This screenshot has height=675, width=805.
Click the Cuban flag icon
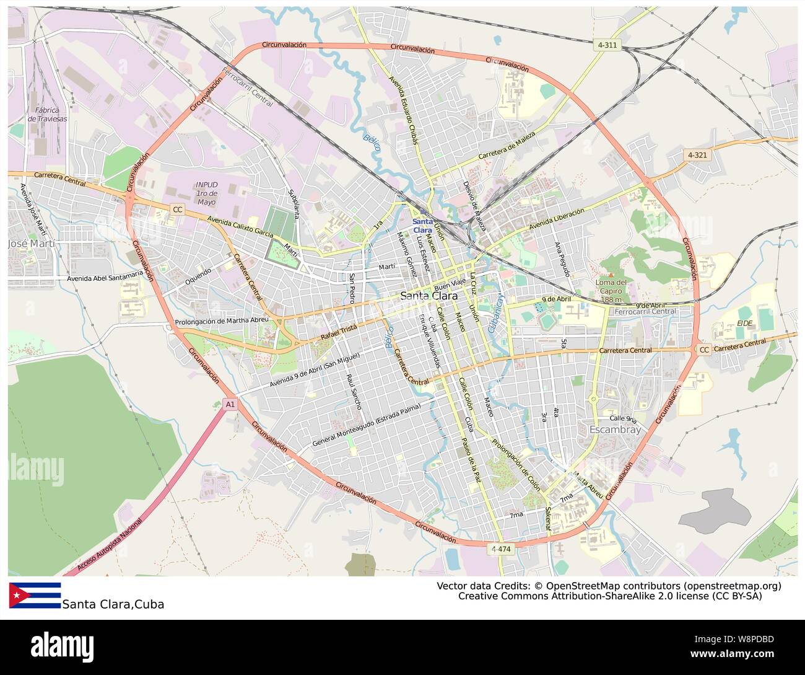pyautogui.click(x=35, y=595)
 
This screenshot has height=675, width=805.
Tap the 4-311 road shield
pyautogui.click(x=608, y=45)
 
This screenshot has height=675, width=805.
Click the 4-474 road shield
pyautogui.click(x=502, y=549)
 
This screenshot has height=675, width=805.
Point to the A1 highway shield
pyautogui.click(x=230, y=404)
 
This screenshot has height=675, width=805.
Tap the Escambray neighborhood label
pyautogui.click(x=615, y=429)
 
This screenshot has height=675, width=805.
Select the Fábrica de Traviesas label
pyautogui.click(x=47, y=115)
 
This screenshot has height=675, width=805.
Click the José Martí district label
pyautogui.click(x=31, y=244)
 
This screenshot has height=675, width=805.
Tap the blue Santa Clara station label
pyautogui.click(x=423, y=226)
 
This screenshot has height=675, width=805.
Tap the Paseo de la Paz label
pyautogui.click(x=470, y=460)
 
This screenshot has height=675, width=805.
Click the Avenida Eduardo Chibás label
pyautogui.click(x=403, y=110)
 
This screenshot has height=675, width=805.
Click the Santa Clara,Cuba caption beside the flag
pyautogui.click(x=113, y=604)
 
